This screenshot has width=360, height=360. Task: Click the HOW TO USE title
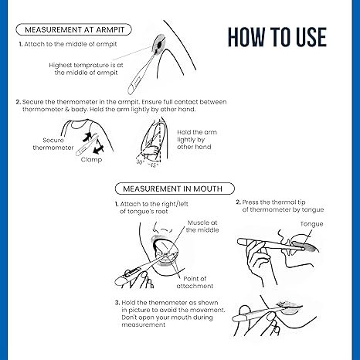[x=277, y=37]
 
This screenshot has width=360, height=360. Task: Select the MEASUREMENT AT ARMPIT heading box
[x=74, y=29]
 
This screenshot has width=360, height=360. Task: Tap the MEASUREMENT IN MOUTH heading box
[x=175, y=188]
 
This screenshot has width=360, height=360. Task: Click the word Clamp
[x=91, y=160]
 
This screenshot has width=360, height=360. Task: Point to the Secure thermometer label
[x=53, y=144]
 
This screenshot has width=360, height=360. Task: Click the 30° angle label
[x=141, y=162]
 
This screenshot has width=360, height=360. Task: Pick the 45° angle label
[x=154, y=165]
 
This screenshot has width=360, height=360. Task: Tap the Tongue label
[x=312, y=224]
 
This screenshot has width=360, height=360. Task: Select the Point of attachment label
[x=195, y=282]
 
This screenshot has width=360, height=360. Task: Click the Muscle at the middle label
[x=202, y=226]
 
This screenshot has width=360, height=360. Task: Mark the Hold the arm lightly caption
[x=197, y=140]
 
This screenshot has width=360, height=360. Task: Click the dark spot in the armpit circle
[x=160, y=45]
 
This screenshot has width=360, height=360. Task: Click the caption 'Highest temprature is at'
[x=86, y=65]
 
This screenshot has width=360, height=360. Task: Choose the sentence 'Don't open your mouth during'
[x=168, y=318]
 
